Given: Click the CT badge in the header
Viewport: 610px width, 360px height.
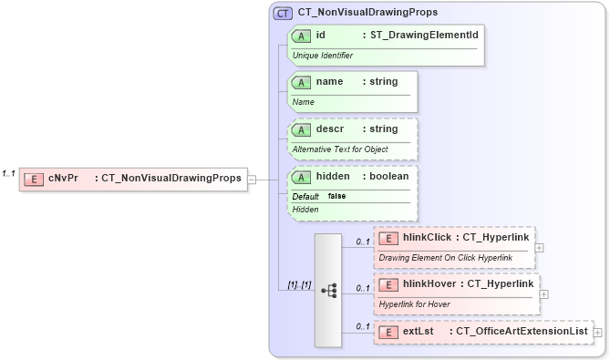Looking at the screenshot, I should [283, 14].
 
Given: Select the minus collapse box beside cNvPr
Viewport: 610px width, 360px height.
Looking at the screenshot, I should [252, 180].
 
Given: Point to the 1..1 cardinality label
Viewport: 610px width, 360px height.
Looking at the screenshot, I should [9, 173].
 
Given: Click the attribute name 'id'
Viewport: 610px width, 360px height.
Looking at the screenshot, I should [321, 36].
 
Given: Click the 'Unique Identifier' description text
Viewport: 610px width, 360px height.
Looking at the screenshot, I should [322, 56].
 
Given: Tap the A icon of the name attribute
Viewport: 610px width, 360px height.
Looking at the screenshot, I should [302, 82].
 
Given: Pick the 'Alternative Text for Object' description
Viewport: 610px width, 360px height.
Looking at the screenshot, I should [339, 149].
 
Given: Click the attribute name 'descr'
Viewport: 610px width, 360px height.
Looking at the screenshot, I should [330, 129].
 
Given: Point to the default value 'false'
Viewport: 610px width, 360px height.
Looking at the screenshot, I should [336, 196].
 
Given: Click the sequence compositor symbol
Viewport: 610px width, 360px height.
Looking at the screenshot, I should [328, 290].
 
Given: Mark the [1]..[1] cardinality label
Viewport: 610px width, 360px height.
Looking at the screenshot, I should [299, 285].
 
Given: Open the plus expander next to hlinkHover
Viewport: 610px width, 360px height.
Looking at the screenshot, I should [544, 294].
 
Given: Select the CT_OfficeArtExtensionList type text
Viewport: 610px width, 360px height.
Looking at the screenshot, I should [522, 333].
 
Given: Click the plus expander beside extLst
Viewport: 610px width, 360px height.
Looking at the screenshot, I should [598, 333].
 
